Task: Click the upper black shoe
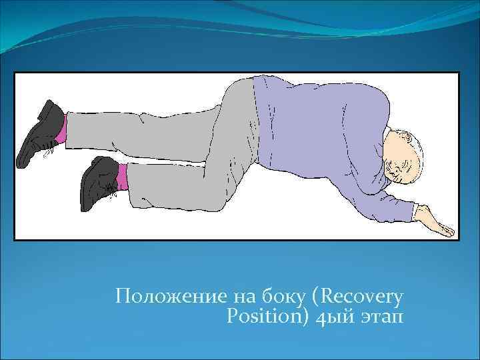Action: coord(40,133)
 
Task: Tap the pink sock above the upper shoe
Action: coord(61,135)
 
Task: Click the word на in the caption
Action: coord(243,295)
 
